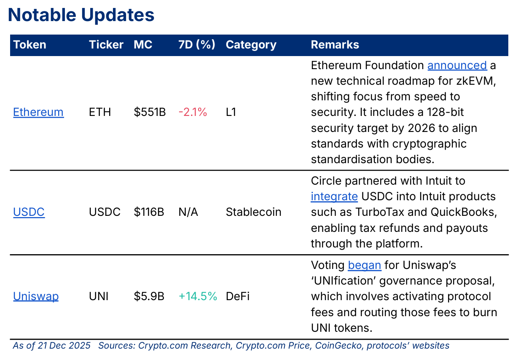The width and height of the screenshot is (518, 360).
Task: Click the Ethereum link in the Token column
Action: [x=38, y=112]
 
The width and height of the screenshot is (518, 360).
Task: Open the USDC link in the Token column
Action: [x=29, y=212]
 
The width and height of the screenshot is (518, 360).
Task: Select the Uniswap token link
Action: [x=36, y=296]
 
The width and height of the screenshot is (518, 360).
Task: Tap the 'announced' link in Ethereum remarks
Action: [x=457, y=65]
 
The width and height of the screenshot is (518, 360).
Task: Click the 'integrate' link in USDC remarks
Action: [x=334, y=196]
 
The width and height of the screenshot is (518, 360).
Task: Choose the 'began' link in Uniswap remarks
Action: [x=364, y=265]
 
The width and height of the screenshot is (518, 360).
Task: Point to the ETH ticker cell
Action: [x=100, y=112]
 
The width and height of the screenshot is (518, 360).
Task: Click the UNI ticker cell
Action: [x=99, y=296]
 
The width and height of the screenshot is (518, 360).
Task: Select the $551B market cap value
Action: [x=150, y=112]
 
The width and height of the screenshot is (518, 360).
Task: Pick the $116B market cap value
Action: [x=149, y=212]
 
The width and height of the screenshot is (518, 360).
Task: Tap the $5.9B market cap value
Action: [x=149, y=296]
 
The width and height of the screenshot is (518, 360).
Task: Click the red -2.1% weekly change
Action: [x=193, y=112]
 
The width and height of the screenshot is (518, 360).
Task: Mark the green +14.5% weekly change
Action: [x=198, y=296]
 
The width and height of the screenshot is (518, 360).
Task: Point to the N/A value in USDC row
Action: [x=188, y=212]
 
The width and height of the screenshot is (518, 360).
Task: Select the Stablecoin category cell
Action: [x=253, y=212]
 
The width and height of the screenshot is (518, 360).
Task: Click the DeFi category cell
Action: [x=237, y=296]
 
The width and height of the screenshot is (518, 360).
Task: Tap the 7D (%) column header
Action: [x=197, y=45]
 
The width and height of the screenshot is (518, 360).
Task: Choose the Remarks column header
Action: [x=335, y=45]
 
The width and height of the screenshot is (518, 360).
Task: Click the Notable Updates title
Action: [x=81, y=15]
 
